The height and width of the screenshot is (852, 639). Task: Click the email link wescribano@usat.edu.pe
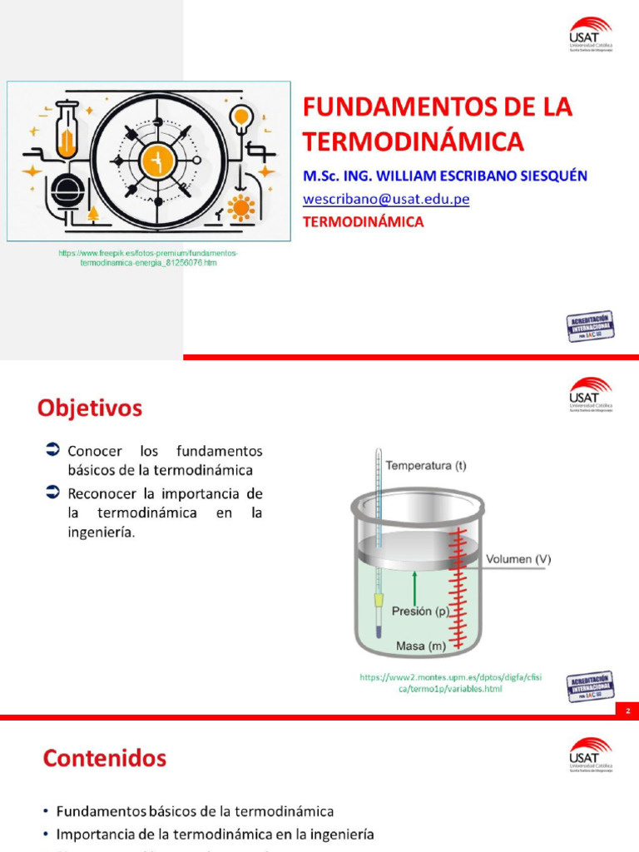(x=385, y=200)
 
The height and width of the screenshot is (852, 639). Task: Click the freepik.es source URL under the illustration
(x=148, y=257)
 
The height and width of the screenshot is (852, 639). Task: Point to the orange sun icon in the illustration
(x=242, y=206)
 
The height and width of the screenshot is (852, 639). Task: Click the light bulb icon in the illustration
(x=241, y=116)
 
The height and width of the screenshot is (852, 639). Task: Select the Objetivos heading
(x=89, y=409)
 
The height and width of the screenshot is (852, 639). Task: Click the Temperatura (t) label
(x=426, y=466)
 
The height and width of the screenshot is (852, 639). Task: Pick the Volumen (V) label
(x=520, y=559)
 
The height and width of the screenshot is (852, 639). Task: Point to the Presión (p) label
(x=420, y=611)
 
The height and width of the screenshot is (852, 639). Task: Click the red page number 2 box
(x=627, y=711)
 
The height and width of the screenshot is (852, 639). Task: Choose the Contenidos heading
(x=105, y=758)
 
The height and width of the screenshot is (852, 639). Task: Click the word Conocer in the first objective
(x=95, y=452)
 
